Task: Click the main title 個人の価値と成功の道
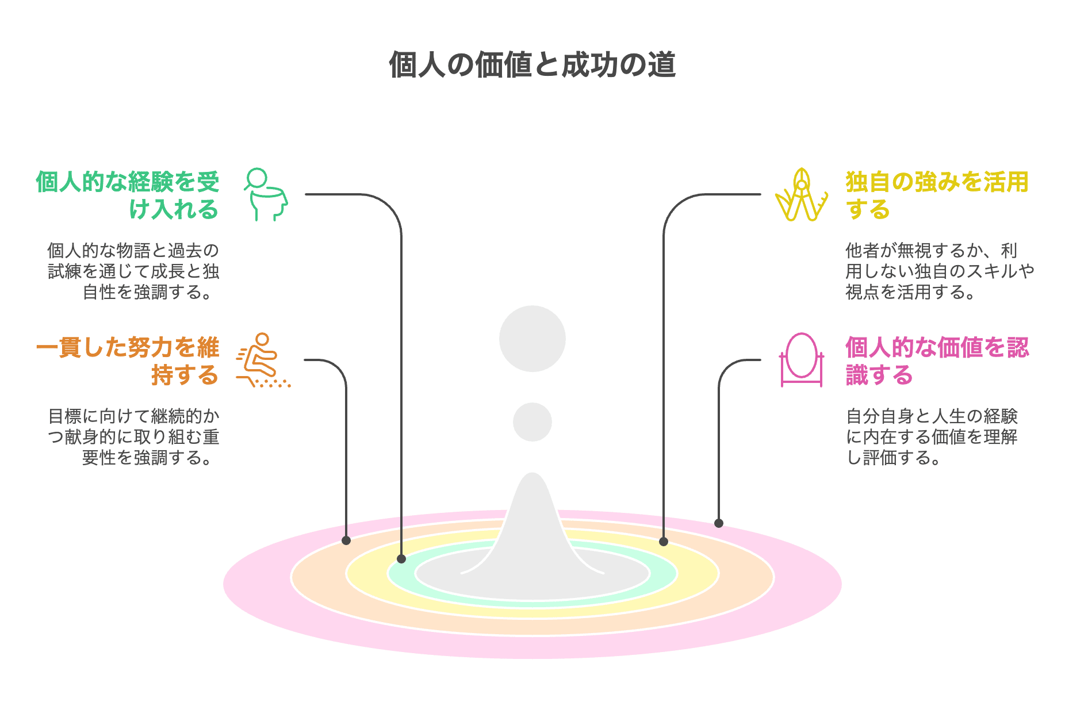[532, 64]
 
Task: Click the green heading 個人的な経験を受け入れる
[128, 195]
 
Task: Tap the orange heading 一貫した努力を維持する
[128, 361]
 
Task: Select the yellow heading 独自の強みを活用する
[936, 195]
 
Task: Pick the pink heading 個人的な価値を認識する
[936, 361]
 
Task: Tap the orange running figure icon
[262, 361]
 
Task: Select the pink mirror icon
[801, 360]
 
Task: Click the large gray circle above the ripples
[532, 339]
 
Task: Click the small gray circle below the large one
[532, 422]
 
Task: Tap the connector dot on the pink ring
[718, 523]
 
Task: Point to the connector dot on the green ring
[401, 559]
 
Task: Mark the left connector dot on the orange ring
[346, 540]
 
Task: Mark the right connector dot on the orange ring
[663, 542]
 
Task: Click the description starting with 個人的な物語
[133, 271]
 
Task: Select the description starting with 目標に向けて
[133, 437]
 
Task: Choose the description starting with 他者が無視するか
[938, 271]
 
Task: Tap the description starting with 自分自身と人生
[932, 437]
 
